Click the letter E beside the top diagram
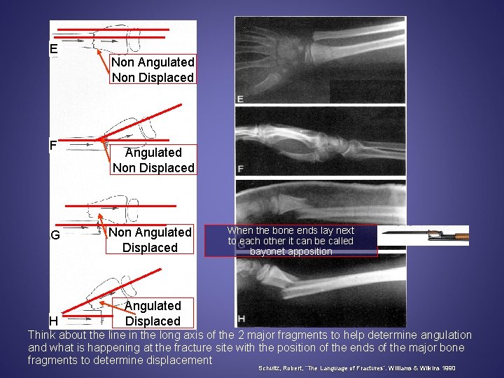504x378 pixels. pos(53,49)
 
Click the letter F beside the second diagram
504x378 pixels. pos(53,146)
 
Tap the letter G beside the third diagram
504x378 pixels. pos(55,235)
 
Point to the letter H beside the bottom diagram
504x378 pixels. pos(53,321)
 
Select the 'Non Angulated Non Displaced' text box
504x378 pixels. pos(153,70)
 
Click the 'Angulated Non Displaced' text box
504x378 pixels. pos(153,160)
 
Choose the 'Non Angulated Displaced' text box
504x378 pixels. pos(150,239)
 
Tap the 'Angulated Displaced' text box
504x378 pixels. pos(153,313)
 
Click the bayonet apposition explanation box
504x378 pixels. pos(290,240)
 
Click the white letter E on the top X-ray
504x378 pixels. pos(240,99)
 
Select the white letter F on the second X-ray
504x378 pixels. pos(241,169)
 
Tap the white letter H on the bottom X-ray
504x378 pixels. pos(241,319)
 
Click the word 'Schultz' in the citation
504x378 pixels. pos(270,367)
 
